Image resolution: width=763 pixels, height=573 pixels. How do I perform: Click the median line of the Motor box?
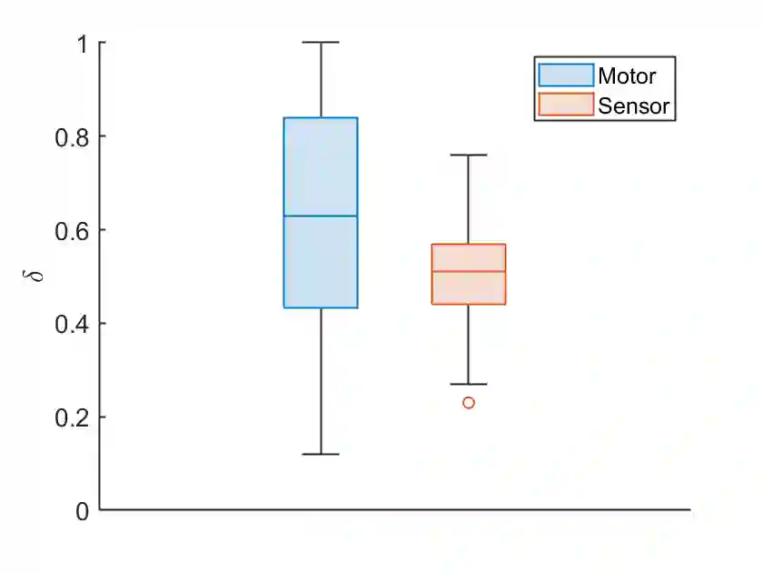click(x=321, y=216)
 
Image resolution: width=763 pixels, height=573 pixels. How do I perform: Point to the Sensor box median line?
click(x=468, y=271)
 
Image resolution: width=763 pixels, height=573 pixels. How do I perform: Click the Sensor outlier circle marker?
click(x=469, y=402)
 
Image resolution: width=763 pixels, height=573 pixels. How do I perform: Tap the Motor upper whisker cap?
click(x=321, y=42)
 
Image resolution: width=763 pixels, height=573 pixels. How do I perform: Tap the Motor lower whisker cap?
click(x=321, y=454)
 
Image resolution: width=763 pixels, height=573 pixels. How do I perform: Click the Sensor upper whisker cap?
click(x=469, y=155)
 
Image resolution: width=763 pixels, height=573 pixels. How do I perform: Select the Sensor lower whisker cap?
click(x=469, y=384)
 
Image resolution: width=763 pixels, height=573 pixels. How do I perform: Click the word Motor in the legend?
click(x=626, y=75)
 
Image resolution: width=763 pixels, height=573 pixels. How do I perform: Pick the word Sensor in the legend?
click(x=633, y=106)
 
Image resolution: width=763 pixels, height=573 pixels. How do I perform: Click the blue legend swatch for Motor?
click(x=565, y=75)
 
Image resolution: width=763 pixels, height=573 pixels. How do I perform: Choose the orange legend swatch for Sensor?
click(x=565, y=106)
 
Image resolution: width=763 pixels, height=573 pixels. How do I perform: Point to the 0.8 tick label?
click(x=71, y=136)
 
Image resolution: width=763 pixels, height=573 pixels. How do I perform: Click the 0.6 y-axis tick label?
click(x=71, y=230)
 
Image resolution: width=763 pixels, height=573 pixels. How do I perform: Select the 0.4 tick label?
click(x=71, y=324)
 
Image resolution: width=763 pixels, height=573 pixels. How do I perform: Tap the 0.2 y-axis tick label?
click(x=71, y=417)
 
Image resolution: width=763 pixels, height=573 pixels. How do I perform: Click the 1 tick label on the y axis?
click(x=82, y=43)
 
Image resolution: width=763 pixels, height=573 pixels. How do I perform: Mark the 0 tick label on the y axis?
click(x=82, y=511)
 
